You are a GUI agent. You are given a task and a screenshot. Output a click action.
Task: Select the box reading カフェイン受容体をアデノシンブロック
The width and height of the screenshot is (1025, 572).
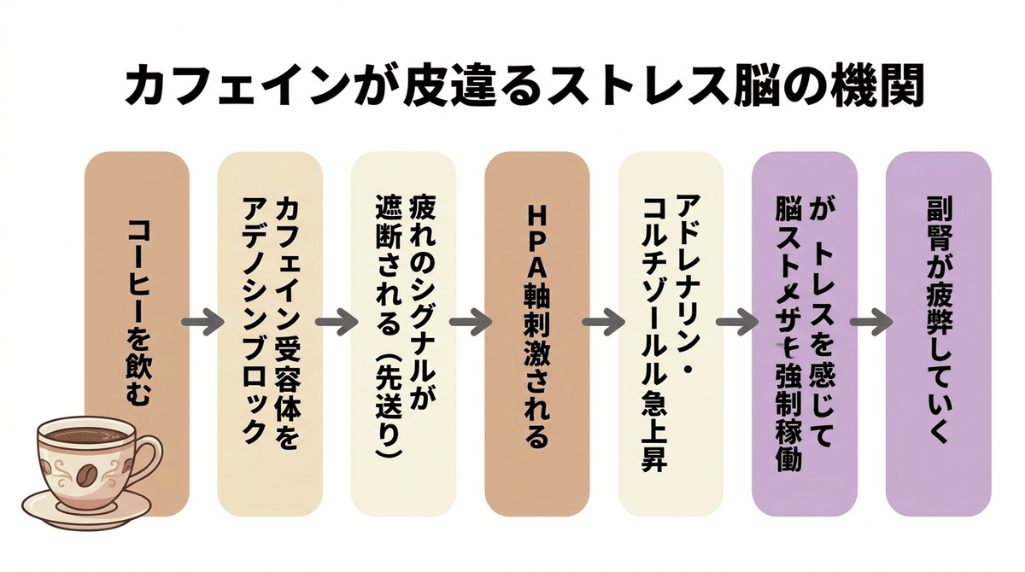269,333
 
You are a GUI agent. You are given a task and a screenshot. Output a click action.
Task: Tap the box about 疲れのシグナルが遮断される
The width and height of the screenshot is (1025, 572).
402,333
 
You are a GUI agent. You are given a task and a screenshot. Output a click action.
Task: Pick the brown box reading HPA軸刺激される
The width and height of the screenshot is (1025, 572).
536,333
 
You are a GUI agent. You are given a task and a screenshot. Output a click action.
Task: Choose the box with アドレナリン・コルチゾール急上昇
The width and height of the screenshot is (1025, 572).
671,333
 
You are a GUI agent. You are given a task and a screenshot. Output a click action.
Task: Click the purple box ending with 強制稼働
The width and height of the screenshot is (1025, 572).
804,333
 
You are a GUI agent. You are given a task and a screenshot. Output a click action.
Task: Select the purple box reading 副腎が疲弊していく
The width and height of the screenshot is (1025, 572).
937,333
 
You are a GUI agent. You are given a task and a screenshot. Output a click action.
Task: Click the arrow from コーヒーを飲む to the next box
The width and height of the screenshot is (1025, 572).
202,324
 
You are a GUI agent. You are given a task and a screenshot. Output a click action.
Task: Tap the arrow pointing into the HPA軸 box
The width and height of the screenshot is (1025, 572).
470,324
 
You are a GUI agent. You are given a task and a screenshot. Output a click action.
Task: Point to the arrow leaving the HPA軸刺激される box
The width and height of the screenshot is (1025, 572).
603,324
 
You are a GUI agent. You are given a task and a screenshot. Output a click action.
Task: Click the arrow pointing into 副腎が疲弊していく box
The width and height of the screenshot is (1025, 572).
870,324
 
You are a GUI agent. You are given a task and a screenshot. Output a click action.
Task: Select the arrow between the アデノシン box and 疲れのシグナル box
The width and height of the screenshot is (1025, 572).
337,324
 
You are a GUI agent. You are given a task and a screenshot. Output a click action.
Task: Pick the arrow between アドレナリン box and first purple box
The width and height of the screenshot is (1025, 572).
737,324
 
